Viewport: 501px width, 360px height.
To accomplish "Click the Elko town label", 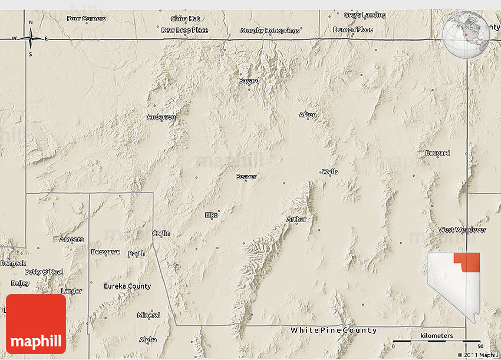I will click(x=212, y=215).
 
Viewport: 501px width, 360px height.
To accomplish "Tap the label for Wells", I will click(x=330, y=172).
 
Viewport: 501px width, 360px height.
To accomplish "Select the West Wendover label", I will click(x=462, y=230).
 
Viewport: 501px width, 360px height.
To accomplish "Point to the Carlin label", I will click(x=161, y=233).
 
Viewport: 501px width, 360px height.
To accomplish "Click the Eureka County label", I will click(x=127, y=286).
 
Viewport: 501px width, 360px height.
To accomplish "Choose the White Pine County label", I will click(x=334, y=331).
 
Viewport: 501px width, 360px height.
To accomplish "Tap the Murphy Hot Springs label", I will click(x=270, y=31).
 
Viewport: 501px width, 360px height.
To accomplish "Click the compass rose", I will click(x=31, y=38).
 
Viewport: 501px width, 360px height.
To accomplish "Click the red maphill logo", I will click(x=36, y=323).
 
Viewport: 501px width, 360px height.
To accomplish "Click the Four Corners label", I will click(x=86, y=18).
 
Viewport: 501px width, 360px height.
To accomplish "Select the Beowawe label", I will click(x=106, y=252).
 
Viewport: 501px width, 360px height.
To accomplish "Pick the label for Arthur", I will click(x=296, y=219).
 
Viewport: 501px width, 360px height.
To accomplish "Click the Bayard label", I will click(x=248, y=81).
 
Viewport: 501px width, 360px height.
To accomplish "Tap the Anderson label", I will click(x=161, y=117).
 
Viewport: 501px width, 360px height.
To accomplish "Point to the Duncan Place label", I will click(x=352, y=29).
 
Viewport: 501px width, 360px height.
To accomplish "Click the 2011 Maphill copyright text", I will click(x=477, y=355).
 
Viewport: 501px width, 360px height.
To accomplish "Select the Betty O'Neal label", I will click(x=44, y=272).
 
